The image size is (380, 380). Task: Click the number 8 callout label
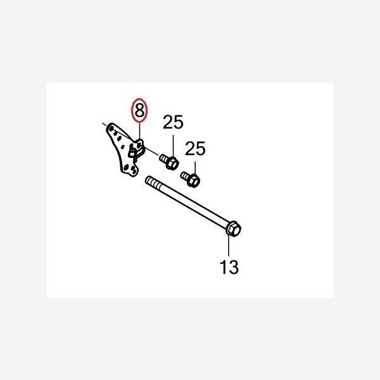(139, 110)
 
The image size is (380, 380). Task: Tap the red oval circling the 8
(139, 110)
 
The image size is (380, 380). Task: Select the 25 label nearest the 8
(173, 122)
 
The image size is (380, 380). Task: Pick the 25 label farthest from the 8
(195, 148)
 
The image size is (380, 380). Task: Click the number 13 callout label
(229, 267)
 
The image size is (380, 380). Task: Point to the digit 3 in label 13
(234, 267)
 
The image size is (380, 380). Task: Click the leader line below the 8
(139, 131)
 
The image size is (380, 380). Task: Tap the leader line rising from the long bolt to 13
(229, 246)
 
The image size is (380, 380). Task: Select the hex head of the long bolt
(233, 228)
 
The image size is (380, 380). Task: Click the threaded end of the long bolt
(153, 183)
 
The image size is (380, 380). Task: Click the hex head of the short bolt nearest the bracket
(172, 163)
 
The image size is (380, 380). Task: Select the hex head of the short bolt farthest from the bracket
(193, 180)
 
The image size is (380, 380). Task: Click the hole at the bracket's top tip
(111, 128)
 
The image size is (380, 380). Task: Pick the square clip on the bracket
(132, 153)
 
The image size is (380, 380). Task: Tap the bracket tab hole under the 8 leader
(139, 144)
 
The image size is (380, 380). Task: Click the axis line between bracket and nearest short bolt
(151, 151)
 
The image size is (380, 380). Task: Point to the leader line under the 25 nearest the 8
(173, 146)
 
